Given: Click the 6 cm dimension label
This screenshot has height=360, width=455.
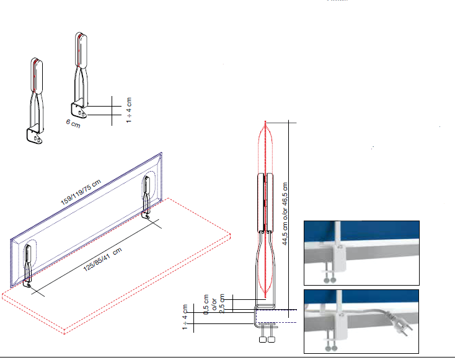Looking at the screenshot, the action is pyautogui.click(x=73, y=123).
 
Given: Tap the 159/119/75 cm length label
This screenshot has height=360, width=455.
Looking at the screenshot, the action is pyautogui.click(x=81, y=191).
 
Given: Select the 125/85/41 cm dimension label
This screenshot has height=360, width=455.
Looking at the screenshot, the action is pyautogui.click(x=102, y=260).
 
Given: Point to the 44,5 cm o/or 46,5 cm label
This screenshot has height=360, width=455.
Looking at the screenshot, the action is pyautogui.click(x=285, y=214).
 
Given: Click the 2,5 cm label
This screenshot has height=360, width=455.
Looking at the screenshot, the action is pyautogui.click(x=222, y=304).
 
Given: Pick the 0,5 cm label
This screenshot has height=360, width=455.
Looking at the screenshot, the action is pyautogui.click(x=206, y=305).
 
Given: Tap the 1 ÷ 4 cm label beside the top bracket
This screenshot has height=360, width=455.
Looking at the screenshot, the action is pyautogui.click(x=129, y=110).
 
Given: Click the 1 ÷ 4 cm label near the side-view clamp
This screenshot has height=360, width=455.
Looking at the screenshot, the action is pyautogui.click(x=185, y=317).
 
